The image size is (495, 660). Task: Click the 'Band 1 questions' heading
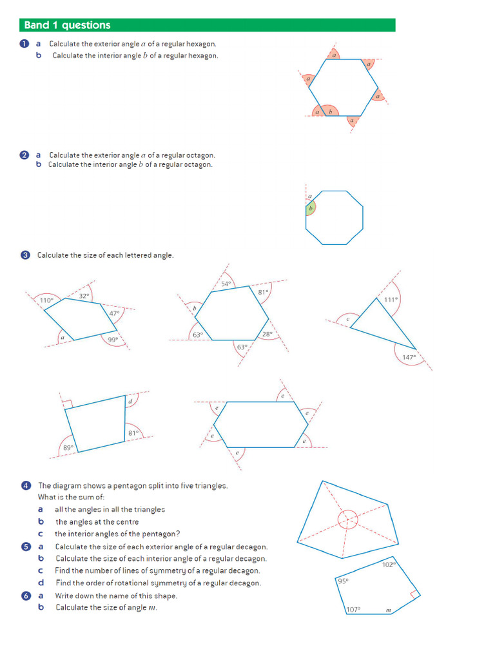(x=67, y=25)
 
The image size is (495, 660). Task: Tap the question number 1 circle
(x=24, y=44)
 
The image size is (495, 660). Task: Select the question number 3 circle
(x=25, y=255)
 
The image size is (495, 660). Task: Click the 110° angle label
(x=46, y=300)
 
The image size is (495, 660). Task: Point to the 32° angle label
(x=84, y=296)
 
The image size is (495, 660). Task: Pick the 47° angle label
(x=114, y=313)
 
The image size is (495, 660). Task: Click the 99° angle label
(x=113, y=340)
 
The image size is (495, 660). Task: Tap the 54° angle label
(x=226, y=284)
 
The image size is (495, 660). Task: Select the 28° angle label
(x=267, y=334)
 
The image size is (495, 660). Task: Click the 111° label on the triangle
(x=391, y=300)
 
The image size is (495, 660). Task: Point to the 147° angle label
(x=409, y=356)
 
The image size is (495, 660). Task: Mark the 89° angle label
(x=68, y=447)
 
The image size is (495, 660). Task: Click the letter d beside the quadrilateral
(x=130, y=402)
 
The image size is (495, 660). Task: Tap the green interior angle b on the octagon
(x=310, y=208)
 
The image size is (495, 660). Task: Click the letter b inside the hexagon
(x=331, y=112)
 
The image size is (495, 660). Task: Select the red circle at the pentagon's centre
(x=347, y=519)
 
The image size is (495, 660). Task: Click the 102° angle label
(x=388, y=565)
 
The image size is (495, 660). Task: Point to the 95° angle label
(x=343, y=581)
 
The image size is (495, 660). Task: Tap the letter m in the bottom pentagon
(x=388, y=610)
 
